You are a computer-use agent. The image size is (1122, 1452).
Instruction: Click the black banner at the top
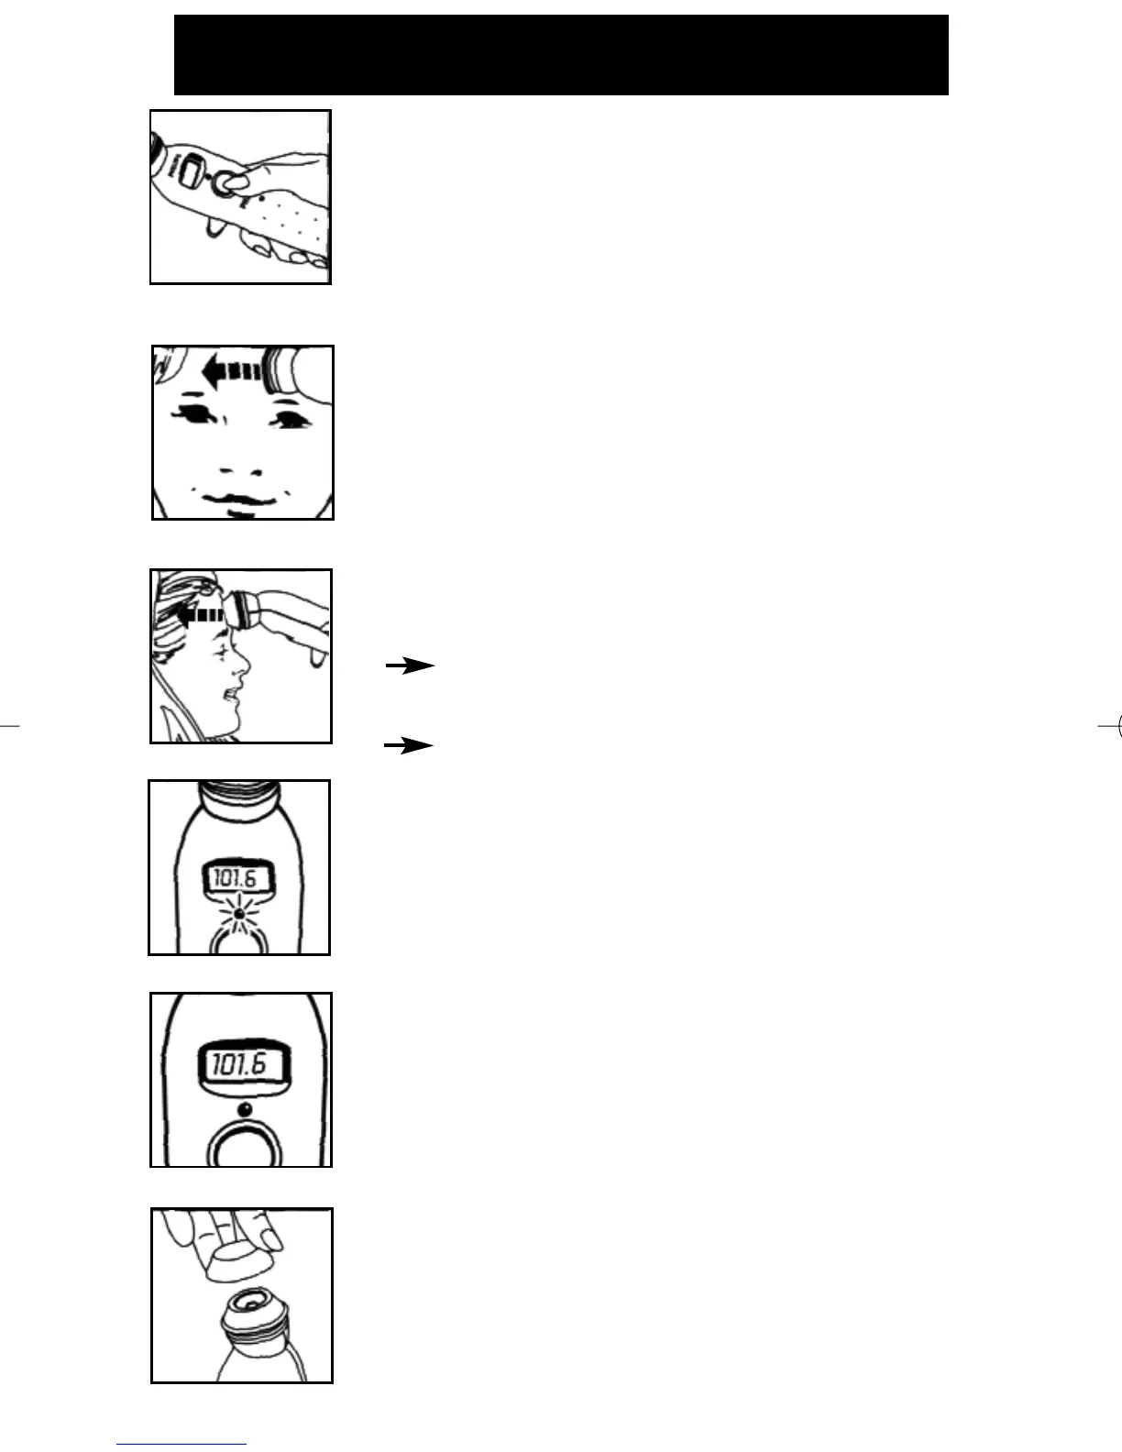pyautogui.click(x=561, y=55)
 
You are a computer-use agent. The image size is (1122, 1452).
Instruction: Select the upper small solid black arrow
pyautogui.click(x=409, y=666)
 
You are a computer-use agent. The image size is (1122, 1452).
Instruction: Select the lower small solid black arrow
pyautogui.click(x=409, y=746)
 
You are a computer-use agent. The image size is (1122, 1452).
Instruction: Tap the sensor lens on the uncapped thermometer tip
pyautogui.click(x=247, y=1300)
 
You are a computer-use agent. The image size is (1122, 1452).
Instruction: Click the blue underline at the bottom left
pyautogui.click(x=181, y=1445)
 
